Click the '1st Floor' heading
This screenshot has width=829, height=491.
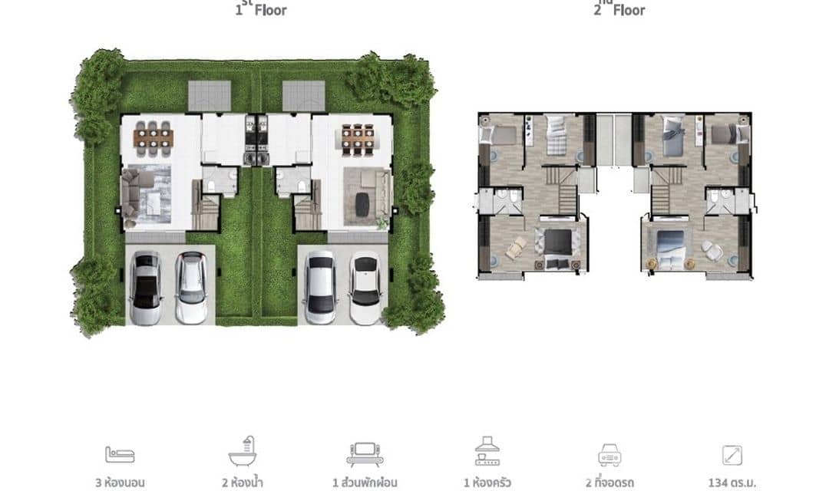(x=261, y=9)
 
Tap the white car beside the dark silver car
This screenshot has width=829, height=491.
(x=190, y=287)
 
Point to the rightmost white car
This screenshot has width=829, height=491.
(x=365, y=287)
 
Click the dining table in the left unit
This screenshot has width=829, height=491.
(x=154, y=137)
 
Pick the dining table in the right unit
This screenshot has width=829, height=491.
(x=355, y=137)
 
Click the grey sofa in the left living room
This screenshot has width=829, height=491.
(x=131, y=193)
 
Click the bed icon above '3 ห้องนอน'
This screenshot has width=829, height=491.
(x=121, y=454)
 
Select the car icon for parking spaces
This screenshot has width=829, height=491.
(x=610, y=455)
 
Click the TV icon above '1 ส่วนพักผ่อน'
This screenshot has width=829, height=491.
(x=362, y=454)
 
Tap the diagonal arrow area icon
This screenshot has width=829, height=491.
(x=732, y=455)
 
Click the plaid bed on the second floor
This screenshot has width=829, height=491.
(x=556, y=137)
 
